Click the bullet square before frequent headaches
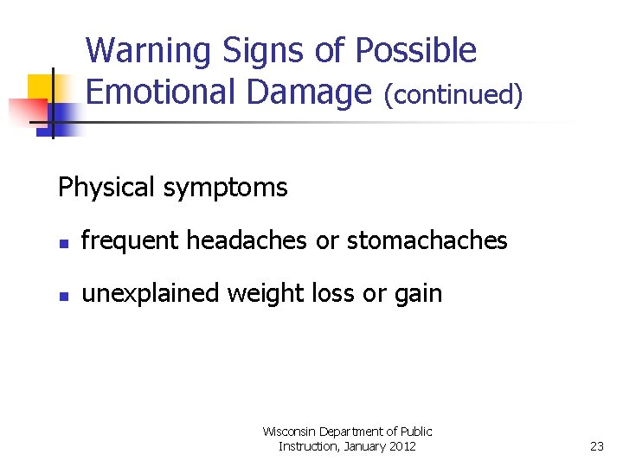[62, 242]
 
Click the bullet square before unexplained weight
[62, 296]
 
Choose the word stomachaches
[427, 240]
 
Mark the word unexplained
[151, 294]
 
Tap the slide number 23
[596, 446]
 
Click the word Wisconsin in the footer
[289, 432]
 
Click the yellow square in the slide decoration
[41, 87]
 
